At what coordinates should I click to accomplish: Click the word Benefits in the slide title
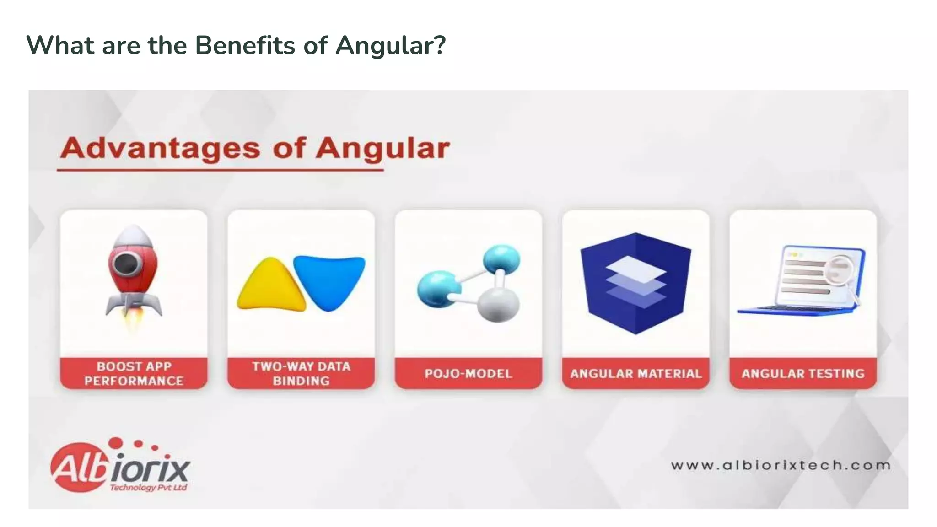point(245,45)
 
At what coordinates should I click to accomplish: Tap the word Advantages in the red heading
point(161,148)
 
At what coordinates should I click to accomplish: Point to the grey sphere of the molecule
point(499,304)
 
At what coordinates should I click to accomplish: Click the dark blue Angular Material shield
point(635,284)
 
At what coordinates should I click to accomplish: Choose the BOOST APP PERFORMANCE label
point(134,374)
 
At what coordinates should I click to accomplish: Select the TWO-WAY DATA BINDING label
point(301,374)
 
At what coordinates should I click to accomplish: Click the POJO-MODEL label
point(468,374)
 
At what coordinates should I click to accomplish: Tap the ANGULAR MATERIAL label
point(635,374)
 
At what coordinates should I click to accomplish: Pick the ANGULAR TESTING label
point(803,374)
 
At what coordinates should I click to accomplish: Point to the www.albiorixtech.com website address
point(781,466)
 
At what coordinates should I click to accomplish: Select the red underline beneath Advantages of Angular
point(220,170)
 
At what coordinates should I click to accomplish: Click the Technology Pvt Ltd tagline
point(148,488)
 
